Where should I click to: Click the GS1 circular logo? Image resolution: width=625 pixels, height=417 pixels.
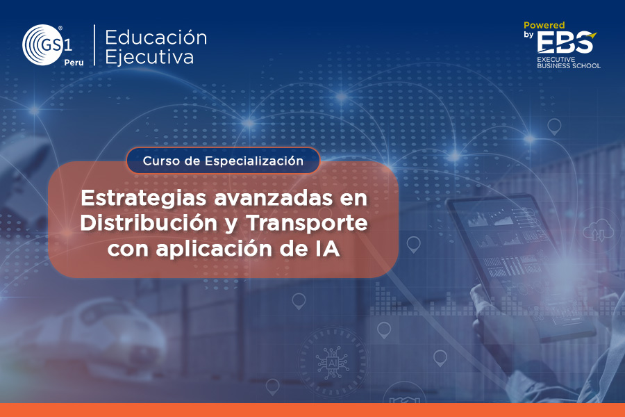tap(42, 44)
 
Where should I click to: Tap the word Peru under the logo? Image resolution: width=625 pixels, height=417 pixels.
tap(74, 63)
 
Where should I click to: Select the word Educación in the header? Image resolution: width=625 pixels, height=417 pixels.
tap(156, 38)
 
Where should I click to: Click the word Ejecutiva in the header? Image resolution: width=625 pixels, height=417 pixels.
tap(149, 57)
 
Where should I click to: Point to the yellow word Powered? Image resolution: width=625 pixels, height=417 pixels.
tap(544, 25)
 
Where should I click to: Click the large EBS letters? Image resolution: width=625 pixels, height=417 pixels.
tap(565, 42)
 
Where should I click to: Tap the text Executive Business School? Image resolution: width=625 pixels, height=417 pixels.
tap(568, 63)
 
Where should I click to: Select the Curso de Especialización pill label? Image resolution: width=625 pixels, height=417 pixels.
tap(223, 161)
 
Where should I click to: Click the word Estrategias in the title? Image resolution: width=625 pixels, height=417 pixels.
tap(144, 198)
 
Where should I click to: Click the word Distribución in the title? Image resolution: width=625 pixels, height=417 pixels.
tap(149, 223)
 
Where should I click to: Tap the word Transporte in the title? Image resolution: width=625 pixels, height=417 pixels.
tap(307, 224)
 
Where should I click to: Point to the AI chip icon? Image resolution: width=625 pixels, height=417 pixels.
tap(332, 363)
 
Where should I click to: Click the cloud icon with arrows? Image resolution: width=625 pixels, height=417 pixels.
tap(599, 230)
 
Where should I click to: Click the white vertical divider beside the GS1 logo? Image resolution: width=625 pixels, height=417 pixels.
tap(94, 44)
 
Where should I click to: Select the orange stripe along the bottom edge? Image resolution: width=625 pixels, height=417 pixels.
tap(312, 410)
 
